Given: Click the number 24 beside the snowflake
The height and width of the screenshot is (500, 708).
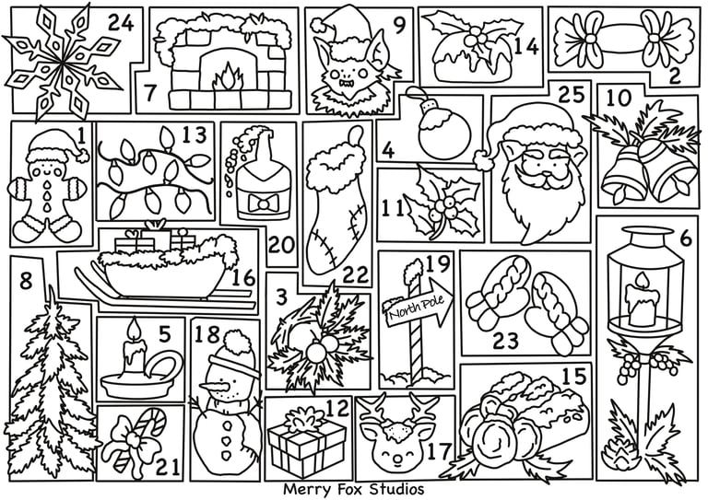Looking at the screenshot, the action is [x=121, y=23].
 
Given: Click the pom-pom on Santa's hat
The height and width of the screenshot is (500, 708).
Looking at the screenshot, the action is [x=484, y=160].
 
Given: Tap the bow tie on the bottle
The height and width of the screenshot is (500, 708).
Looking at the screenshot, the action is [x=262, y=203].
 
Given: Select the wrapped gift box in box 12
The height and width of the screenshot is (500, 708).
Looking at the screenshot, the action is [x=306, y=440].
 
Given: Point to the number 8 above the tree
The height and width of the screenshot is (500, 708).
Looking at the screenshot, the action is [x=26, y=282].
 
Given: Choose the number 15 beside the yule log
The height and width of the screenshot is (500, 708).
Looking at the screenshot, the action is [x=575, y=376].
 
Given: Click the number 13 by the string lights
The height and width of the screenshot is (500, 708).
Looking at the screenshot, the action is [x=195, y=134].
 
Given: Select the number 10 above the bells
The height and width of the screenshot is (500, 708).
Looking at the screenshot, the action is [x=619, y=98].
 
